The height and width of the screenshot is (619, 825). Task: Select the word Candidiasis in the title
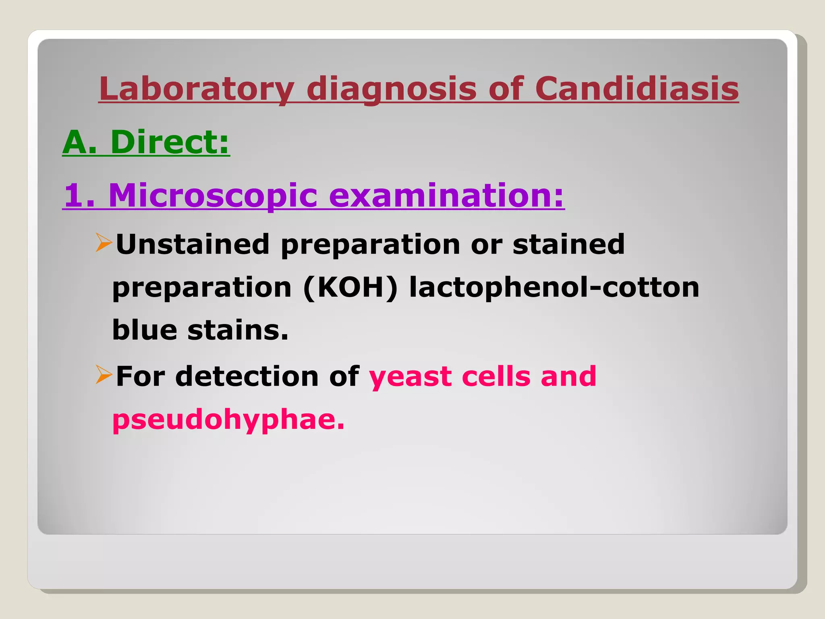(636, 89)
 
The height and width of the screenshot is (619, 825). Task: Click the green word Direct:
(170, 142)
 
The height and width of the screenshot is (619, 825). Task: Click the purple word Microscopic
(213, 196)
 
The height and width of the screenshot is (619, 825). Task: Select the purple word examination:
(447, 196)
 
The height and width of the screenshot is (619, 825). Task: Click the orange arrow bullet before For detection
(104, 374)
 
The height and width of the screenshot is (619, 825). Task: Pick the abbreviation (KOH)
(350, 288)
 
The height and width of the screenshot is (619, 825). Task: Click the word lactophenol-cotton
(554, 288)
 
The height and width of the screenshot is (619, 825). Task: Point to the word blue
(145, 330)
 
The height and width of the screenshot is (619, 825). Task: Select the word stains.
(238, 330)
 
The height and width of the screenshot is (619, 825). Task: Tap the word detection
(247, 376)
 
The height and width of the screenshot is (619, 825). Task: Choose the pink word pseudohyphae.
(228, 420)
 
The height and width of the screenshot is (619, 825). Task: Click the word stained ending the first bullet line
(568, 245)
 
